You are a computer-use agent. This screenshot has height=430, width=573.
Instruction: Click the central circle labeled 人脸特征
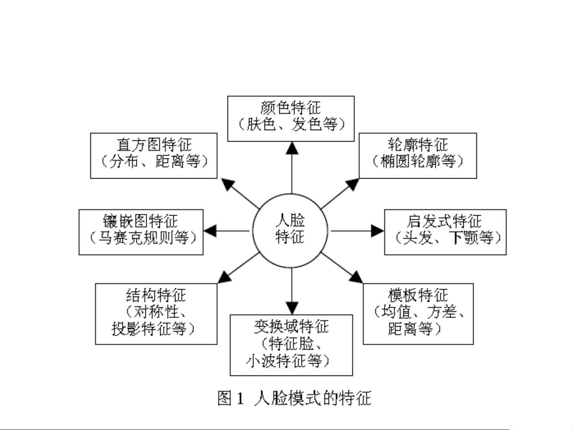[x=290, y=231]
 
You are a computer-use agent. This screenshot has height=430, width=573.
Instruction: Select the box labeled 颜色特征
[x=291, y=119]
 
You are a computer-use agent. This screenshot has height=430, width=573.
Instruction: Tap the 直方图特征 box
[x=154, y=156]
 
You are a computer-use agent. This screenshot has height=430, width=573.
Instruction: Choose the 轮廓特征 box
[x=418, y=156]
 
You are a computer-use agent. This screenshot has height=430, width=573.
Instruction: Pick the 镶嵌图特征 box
[x=141, y=232]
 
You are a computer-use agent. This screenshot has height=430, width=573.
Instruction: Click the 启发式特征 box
[x=445, y=232]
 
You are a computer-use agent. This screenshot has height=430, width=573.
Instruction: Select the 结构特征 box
[x=156, y=313]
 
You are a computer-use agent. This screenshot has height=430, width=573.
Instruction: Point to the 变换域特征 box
[x=291, y=345]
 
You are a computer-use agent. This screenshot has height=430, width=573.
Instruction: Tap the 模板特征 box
[x=418, y=313]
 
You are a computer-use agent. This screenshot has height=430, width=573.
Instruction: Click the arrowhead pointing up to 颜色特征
[x=292, y=148]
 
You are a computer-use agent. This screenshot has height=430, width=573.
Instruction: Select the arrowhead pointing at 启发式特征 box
[x=377, y=231]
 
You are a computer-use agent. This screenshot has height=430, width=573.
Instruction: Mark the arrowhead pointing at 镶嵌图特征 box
[x=210, y=231]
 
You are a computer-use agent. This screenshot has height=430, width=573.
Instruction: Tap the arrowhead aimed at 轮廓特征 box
[x=353, y=184]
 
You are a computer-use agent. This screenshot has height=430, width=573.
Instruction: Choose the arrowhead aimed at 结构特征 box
[x=225, y=277]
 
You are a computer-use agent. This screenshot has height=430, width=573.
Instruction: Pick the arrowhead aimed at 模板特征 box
[x=356, y=277]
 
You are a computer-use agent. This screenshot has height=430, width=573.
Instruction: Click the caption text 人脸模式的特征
[x=313, y=398]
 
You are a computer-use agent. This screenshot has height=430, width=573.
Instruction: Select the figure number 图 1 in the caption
[x=230, y=398]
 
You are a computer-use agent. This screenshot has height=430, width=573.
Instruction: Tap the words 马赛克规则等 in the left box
[x=143, y=238]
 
